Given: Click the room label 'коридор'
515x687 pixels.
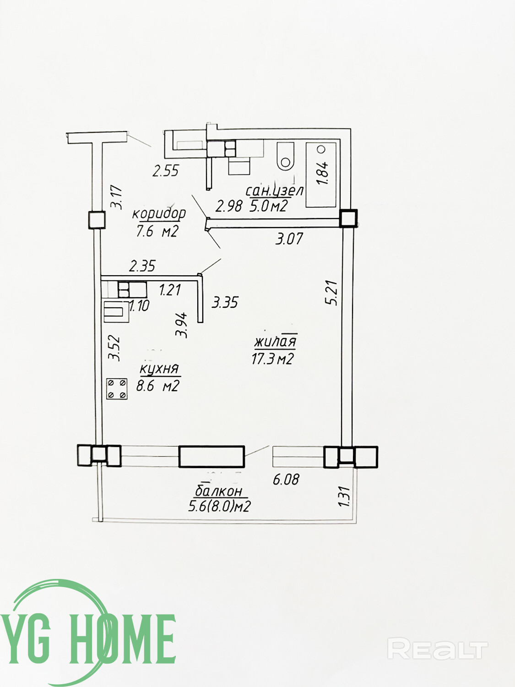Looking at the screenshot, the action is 159,213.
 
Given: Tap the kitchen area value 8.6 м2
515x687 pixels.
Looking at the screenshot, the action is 157,386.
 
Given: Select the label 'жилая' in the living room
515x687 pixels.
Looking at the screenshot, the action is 276,341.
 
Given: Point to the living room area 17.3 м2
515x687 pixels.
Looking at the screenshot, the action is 272,359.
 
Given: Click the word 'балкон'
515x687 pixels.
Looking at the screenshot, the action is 219,491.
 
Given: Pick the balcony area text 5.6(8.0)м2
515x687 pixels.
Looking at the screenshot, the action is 220,506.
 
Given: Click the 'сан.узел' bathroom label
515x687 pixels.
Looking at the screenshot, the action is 274,191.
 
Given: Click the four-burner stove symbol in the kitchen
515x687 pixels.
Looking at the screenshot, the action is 117,388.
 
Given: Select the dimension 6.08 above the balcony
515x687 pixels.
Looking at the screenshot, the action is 286,480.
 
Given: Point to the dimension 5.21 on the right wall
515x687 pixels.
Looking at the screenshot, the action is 331,293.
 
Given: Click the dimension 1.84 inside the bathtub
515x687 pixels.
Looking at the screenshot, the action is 322,172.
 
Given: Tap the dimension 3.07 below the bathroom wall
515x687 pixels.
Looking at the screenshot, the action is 289,238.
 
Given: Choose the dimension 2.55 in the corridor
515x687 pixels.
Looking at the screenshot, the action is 165,171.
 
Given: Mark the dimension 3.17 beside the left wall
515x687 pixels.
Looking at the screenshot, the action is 117,196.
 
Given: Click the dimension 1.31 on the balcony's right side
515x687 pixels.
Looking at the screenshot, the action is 344,496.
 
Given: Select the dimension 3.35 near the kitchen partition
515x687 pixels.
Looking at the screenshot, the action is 225,302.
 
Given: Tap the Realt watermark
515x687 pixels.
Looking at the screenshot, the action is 437,649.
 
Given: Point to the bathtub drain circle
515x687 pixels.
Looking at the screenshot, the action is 321,149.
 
